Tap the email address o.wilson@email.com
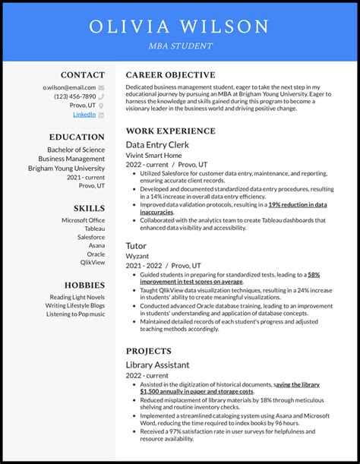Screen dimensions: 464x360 coord(69,87)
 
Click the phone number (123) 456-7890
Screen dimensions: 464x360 coord(74,96)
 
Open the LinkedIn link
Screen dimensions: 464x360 coord(84,115)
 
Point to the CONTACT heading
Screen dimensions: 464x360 coord(83,75)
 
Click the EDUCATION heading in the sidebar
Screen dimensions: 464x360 coord(77,137)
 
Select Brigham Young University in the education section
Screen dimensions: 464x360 coord(67,168)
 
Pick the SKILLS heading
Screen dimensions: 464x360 coord(90,208)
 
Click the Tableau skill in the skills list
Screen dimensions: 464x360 coord(95,229)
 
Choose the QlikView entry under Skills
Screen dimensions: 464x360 coord(93,263)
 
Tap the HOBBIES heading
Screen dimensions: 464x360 coord(84,285)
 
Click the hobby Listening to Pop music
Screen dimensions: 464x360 coord(75,314)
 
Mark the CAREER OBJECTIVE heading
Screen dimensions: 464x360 coord(170,75)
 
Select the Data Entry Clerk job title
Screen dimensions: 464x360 coord(157,144)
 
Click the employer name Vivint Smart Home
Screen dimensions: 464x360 coord(154,155)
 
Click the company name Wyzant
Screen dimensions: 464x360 coord(137,257)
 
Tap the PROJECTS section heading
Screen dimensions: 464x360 coord(149,352)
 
